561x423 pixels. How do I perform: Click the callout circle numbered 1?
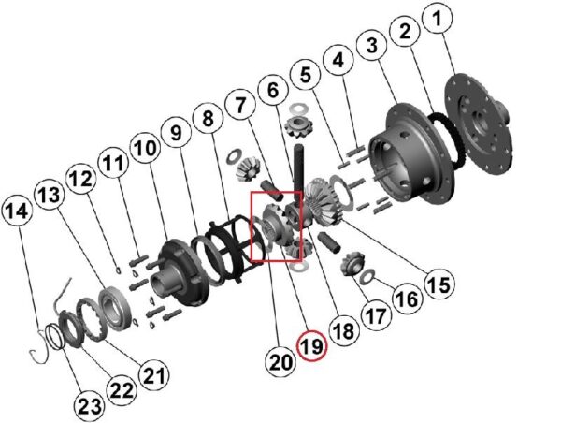tap(438, 19)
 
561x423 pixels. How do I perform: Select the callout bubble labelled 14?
tap(17, 211)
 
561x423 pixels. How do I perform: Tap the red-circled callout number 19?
tap(312, 345)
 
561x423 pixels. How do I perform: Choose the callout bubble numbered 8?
tap(208, 119)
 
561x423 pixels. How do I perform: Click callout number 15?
tap(439, 284)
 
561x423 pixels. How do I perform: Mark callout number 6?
tap(273, 90)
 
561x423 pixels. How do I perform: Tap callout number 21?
tap(154, 375)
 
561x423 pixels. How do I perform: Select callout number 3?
tap(372, 46)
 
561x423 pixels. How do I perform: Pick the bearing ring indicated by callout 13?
tap(114, 308)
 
